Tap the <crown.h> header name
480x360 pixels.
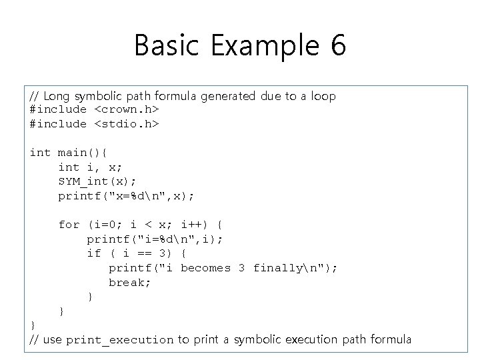tap(126, 109)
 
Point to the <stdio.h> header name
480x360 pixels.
tap(126, 124)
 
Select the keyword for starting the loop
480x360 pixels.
tap(69, 225)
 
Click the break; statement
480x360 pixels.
tap(130, 282)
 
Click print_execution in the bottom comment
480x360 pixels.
tap(119, 340)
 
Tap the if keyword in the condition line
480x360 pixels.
tap(94, 253)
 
